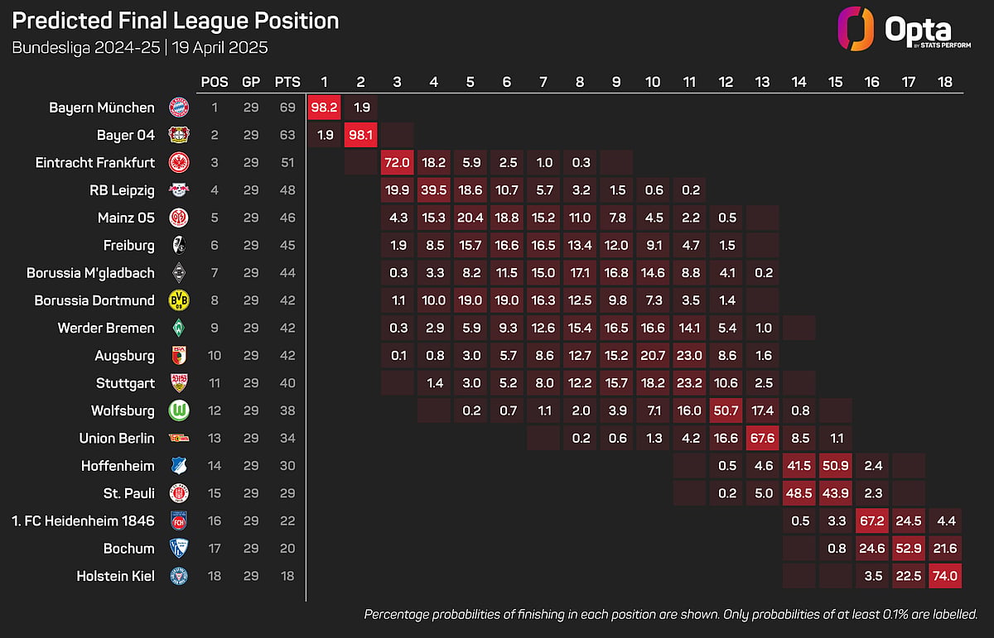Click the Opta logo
pyautogui.click(x=904, y=29)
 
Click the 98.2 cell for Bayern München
pyautogui.click(x=325, y=108)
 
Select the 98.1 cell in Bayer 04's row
pyautogui.click(x=361, y=135)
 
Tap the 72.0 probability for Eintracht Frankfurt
pyautogui.click(x=397, y=162)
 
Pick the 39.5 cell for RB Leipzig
pyautogui.click(x=433, y=190)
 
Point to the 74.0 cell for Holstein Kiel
pyautogui.click(x=945, y=576)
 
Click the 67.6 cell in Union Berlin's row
pyautogui.click(x=762, y=438)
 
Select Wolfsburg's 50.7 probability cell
pyautogui.click(x=726, y=410)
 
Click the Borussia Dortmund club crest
pyautogui.click(x=179, y=300)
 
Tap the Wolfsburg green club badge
pyautogui.click(x=179, y=410)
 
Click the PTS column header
pyautogui.click(x=287, y=82)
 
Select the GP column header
pyautogui.click(x=251, y=82)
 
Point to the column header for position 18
pyautogui.click(x=945, y=82)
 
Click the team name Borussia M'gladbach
pyautogui.click(x=90, y=273)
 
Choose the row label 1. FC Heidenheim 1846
pyautogui.click(x=84, y=521)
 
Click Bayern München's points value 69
pyautogui.click(x=287, y=108)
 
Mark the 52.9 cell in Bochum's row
pyautogui.click(x=909, y=549)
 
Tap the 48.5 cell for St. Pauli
pyautogui.click(x=799, y=493)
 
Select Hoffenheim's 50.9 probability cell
pyautogui.click(x=836, y=466)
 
